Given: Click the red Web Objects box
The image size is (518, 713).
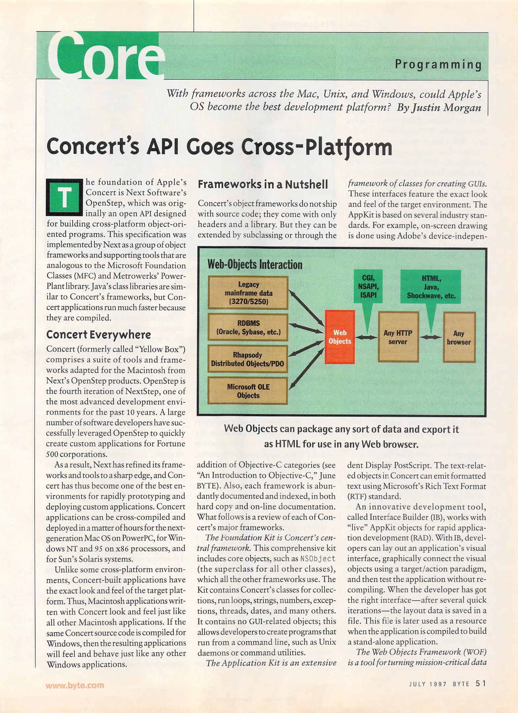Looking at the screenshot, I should tap(340, 337).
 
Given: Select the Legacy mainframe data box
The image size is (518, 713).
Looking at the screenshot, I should tap(248, 293).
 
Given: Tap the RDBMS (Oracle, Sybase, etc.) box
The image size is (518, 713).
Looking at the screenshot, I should tap(248, 327).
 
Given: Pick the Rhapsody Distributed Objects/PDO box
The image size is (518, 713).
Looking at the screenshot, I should tap(248, 359).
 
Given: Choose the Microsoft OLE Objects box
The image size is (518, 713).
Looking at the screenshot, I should tap(248, 391).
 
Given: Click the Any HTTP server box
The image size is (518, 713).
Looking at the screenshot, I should tap(398, 337).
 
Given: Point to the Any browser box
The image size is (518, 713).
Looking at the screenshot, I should tap(459, 337).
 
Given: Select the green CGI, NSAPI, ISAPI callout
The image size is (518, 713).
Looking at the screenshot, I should tap(368, 286).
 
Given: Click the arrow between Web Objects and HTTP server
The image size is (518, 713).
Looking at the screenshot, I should tap(366, 337).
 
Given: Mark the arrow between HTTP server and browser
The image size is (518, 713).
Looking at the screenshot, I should tap(431, 337).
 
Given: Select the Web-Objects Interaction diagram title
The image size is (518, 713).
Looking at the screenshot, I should tap(255, 264).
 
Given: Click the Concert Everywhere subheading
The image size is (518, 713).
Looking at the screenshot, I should tap(98, 334).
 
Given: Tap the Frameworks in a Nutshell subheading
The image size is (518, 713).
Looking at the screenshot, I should tap(263, 184).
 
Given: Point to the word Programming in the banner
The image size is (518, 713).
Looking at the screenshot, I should tap(438, 64).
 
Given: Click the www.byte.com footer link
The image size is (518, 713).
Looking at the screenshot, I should tap(75, 685).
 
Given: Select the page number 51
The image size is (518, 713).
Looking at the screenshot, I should tap(481, 683).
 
